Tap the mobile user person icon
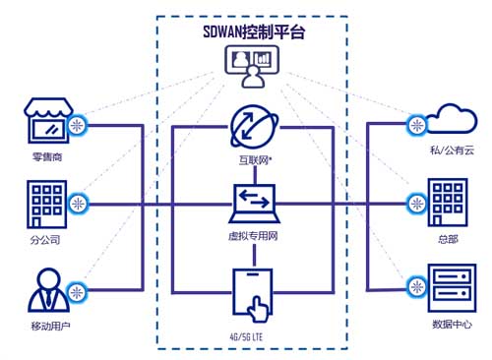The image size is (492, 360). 44,291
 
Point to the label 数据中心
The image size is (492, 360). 451,324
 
